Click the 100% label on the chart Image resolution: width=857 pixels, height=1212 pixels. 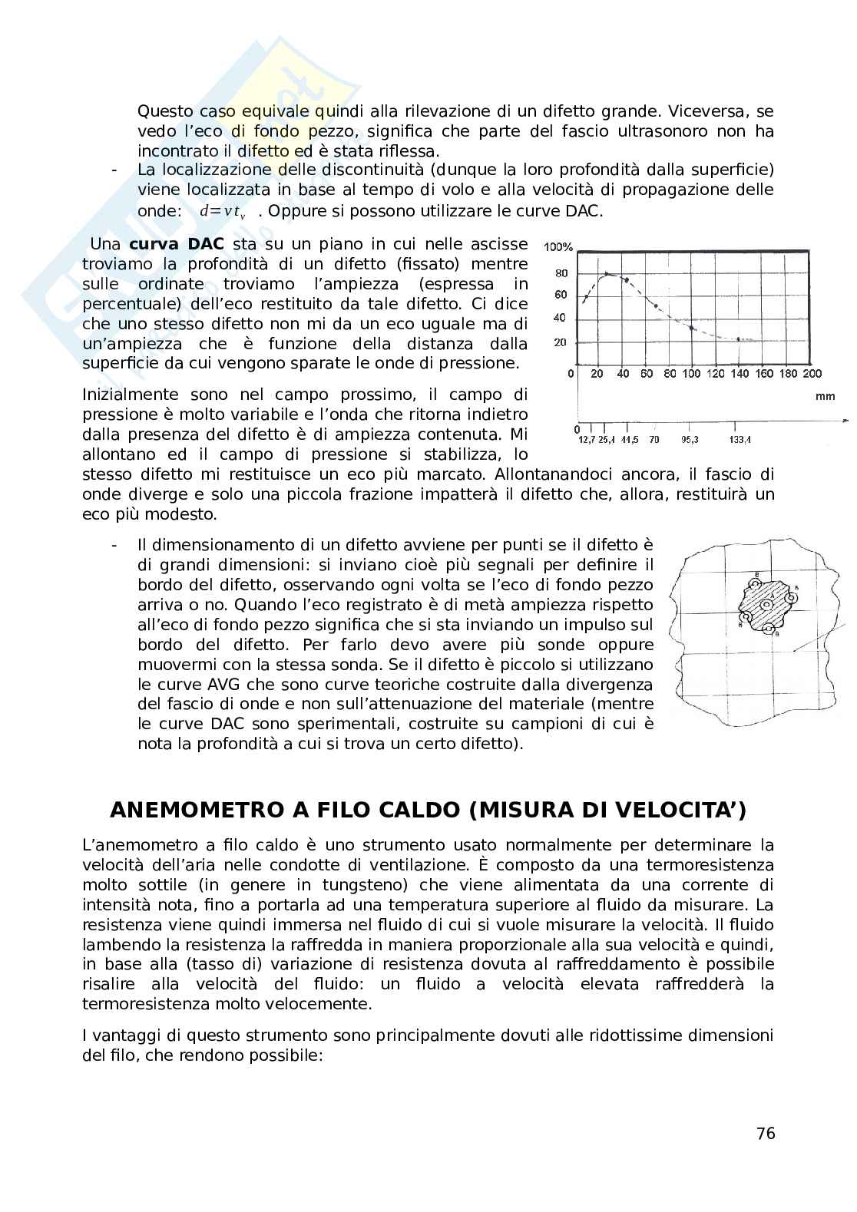click(558, 247)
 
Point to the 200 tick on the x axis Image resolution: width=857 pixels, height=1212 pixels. click(812, 374)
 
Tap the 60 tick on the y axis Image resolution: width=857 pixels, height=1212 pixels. click(561, 295)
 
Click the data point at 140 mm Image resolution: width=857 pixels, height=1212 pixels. click(739, 339)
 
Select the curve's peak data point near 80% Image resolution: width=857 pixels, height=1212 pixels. click(607, 273)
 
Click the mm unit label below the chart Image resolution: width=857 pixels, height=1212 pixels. click(826, 397)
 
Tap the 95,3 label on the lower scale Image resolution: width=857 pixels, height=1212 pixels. click(690, 440)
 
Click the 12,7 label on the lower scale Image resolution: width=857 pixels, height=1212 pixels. click(586, 440)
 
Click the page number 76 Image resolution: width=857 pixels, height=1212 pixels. click(766, 1134)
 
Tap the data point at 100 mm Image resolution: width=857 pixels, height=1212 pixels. click(692, 328)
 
